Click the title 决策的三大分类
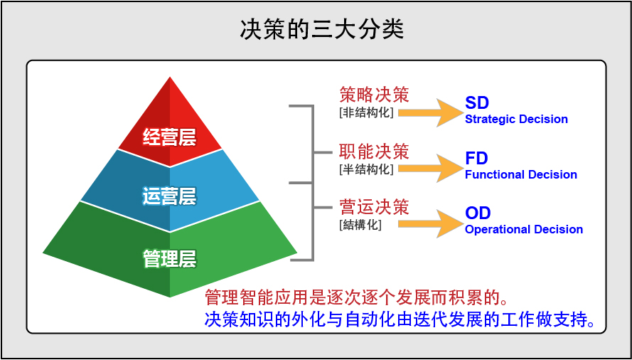(x=321, y=29)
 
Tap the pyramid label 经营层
(x=170, y=138)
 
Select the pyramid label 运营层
(x=170, y=197)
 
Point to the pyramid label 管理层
(x=170, y=259)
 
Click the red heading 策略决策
(x=374, y=95)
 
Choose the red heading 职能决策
(x=374, y=152)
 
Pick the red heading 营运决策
(x=374, y=207)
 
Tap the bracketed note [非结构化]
(x=366, y=112)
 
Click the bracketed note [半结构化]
(x=366, y=169)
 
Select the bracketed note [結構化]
(x=360, y=224)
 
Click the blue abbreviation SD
(x=477, y=103)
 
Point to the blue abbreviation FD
(x=476, y=159)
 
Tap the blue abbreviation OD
(x=478, y=213)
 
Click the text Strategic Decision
(x=516, y=120)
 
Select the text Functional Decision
(x=521, y=175)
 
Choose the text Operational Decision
(x=524, y=230)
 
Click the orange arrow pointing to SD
(x=430, y=112)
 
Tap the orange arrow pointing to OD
(x=430, y=223)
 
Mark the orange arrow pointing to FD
(x=430, y=168)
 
